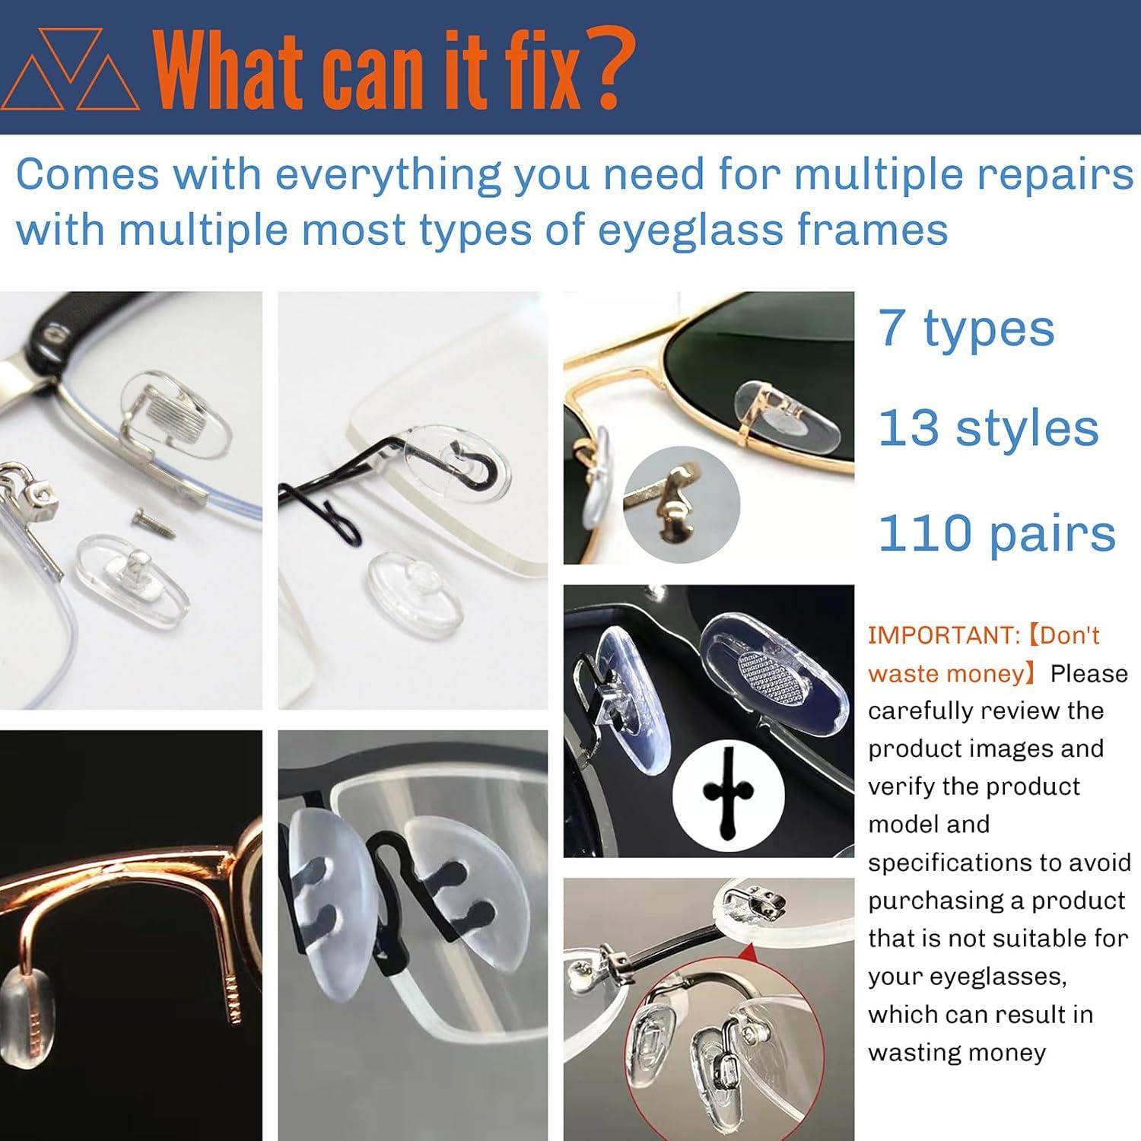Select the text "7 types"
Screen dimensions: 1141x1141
click(x=966, y=329)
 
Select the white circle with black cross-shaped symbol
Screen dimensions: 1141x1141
click(x=728, y=796)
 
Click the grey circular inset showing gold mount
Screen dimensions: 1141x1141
click(x=682, y=505)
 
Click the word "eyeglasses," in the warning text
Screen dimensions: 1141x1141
click(x=967, y=977)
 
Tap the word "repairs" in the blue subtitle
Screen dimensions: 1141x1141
click(x=1055, y=174)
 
